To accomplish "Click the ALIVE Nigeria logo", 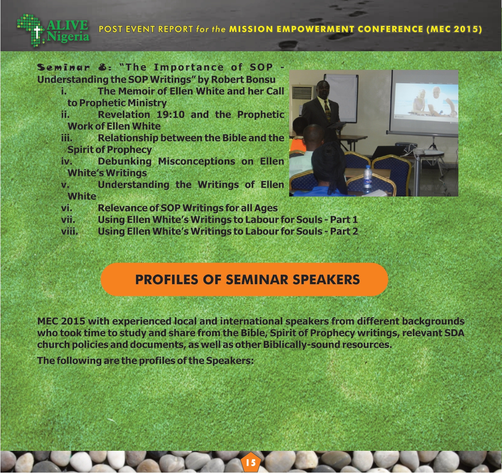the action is click(53, 30).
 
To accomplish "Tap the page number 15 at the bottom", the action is click(250, 463).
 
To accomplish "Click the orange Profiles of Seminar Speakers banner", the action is click(244, 279).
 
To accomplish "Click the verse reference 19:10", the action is click(170, 115).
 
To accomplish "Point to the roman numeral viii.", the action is click(69, 231).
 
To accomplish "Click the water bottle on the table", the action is click(368, 180).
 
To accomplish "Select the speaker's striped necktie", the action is click(327, 111).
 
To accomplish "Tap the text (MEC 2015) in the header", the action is click(454, 29).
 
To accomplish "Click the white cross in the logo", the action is click(38, 32).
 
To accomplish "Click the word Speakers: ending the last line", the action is click(230, 360).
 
